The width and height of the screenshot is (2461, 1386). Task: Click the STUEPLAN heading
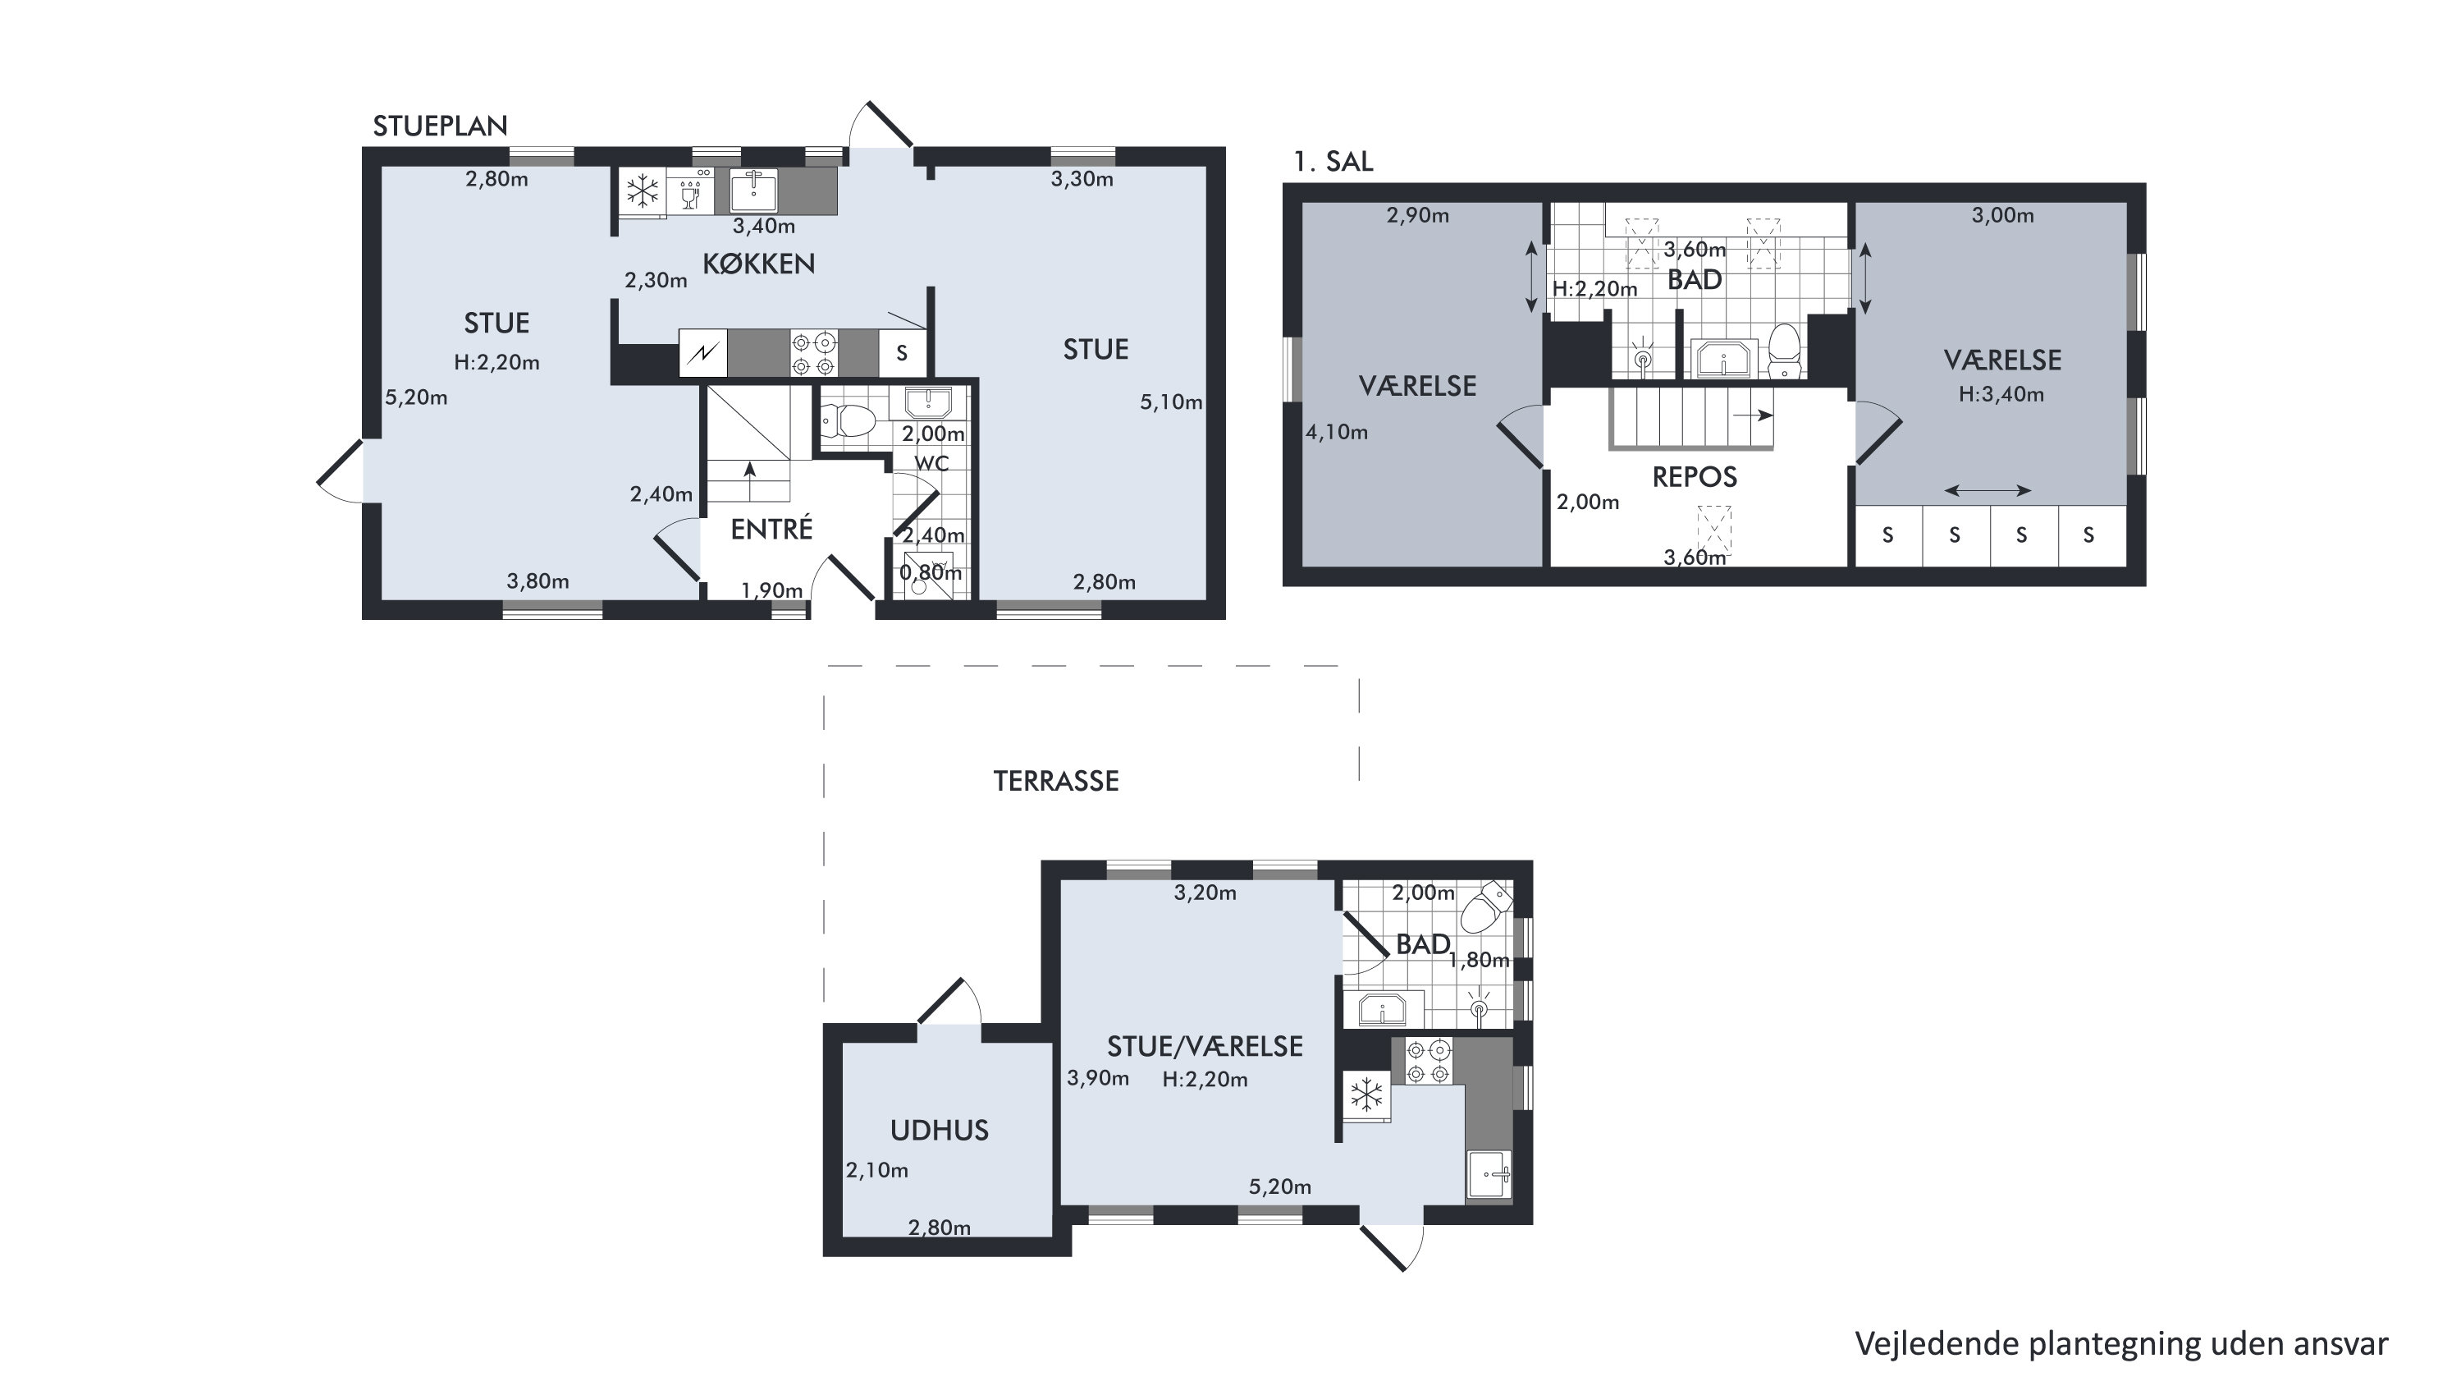(440, 126)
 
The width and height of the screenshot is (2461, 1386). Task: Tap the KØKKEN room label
(758, 264)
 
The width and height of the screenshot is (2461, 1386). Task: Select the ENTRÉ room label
(771, 529)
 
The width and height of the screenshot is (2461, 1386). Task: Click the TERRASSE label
(1055, 781)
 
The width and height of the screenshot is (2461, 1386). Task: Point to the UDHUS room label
(939, 1131)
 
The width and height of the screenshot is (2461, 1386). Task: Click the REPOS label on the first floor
(1694, 477)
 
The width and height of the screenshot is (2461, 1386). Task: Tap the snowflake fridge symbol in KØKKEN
(642, 192)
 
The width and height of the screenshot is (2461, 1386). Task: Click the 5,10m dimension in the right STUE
(1170, 402)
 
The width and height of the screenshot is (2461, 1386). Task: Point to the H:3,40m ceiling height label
(2001, 394)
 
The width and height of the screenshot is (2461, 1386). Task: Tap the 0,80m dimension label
(931, 572)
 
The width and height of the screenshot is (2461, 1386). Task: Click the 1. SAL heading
(1333, 162)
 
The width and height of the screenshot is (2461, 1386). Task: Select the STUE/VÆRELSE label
(1205, 1047)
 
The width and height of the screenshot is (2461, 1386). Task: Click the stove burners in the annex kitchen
(1428, 1061)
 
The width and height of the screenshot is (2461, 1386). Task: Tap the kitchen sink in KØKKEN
(754, 190)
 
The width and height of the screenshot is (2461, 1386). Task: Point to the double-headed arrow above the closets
(1988, 490)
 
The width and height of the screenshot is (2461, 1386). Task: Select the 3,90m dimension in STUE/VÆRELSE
(1098, 1078)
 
